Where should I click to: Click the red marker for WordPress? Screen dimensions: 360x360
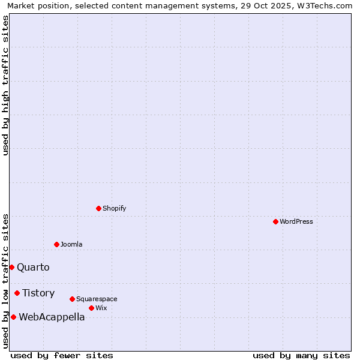(x=275, y=221)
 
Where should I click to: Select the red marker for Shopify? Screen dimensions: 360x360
(x=98, y=208)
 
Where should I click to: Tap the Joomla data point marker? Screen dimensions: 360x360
(x=56, y=244)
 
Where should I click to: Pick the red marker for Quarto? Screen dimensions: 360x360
(x=11, y=267)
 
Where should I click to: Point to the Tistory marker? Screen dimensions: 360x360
(x=17, y=293)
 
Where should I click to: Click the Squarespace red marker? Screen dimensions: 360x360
(x=72, y=299)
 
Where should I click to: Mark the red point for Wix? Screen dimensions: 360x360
(x=91, y=308)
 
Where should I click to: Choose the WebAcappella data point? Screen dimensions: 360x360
(x=13, y=317)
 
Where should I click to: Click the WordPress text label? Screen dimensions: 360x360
(x=296, y=221)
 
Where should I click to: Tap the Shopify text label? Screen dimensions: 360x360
(x=114, y=208)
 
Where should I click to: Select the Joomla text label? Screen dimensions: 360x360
(x=71, y=244)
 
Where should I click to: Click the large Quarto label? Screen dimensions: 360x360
(x=33, y=267)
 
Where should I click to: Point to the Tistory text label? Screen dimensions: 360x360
(x=38, y=293)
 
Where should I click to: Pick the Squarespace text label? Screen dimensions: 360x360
(x=97, y=299)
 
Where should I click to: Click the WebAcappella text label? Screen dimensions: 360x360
(x=52, y=317)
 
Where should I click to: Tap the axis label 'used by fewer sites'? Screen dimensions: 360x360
(x=62, y=355)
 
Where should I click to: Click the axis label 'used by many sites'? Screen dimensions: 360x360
(x=301, y=355)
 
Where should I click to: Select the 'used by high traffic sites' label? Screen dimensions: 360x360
(x=5, y=85)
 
